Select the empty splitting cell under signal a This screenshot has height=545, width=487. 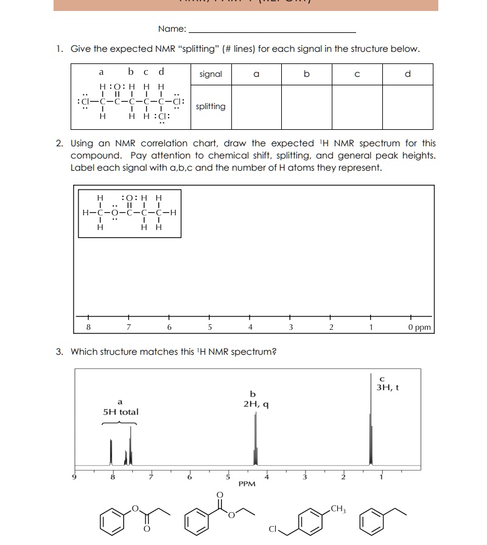click(256, 107)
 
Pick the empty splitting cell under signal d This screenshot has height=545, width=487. click(407, 107)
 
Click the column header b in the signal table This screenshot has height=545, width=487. click(306, 74)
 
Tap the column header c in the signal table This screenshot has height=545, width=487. click(357, 74)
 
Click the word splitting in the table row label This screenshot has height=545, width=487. click(211, 107)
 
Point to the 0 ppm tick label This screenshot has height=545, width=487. click(419, 327)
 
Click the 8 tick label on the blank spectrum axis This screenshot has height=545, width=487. click(88, 327)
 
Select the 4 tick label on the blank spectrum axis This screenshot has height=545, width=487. click(250, 327)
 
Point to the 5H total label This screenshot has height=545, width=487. click(121, 412)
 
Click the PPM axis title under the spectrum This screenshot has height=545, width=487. click(247, 483)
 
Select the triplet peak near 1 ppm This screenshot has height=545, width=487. click(371, 439)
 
